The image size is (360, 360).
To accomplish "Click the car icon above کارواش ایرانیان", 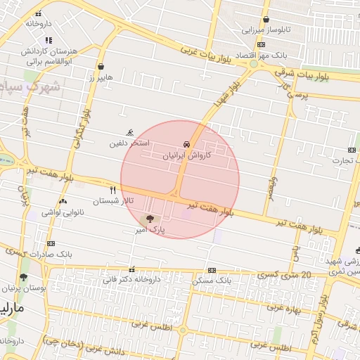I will (x=186, y=144).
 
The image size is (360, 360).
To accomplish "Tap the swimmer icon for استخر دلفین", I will (x=129, y=133).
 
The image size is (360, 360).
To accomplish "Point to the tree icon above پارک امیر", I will (x=150, y=219).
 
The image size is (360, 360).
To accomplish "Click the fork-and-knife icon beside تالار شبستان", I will (x=112, y=190).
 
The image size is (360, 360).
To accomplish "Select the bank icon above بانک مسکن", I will (x=212, y=271).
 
